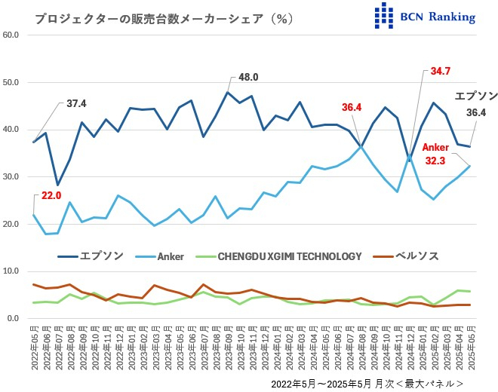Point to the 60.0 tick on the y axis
[13, 35]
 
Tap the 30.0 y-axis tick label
[13, 177]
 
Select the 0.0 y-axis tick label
[15, 319]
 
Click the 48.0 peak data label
[248, 77]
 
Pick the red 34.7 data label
[441, 72]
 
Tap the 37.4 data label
[76, 103]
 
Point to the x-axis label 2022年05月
[34, 348]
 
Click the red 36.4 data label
[352, 108]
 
